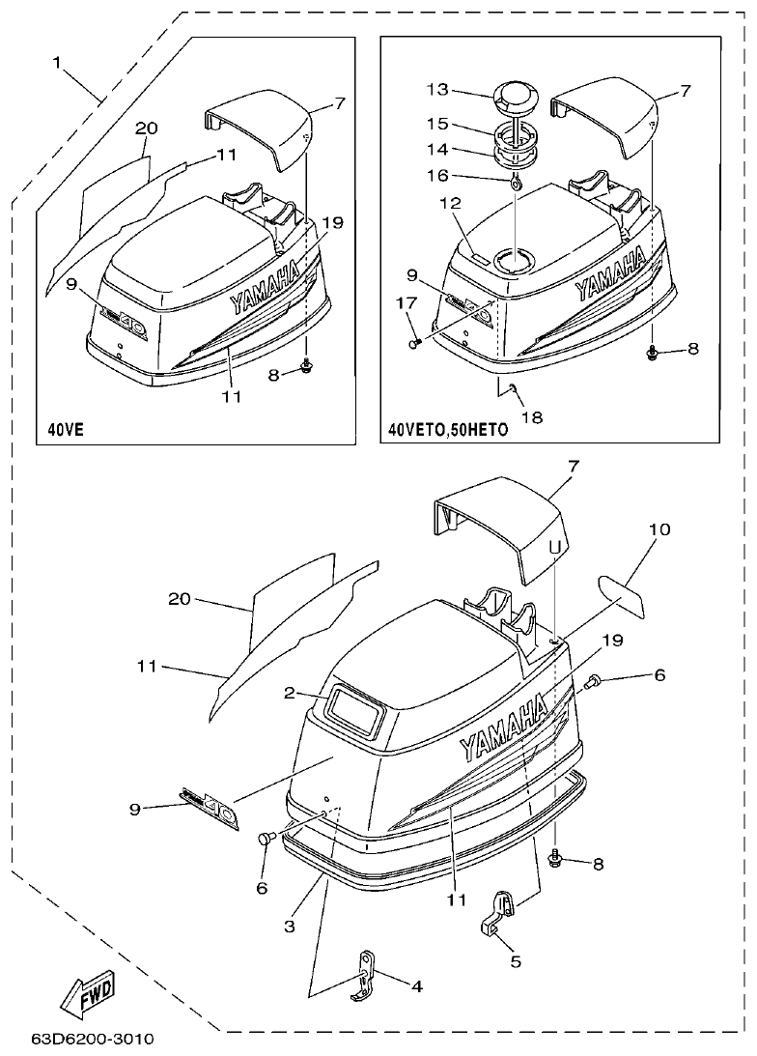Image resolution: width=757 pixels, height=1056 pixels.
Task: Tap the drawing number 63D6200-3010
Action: coord(92,1041)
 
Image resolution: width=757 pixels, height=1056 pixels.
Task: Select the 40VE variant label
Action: coord(66,429)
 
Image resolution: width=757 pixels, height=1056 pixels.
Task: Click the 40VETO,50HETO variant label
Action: coord(447,430)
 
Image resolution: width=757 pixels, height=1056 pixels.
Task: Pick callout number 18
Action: coord(531,417)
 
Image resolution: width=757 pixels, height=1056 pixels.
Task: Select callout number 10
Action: coord(659,529)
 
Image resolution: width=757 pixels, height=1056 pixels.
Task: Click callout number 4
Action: coord(417,986)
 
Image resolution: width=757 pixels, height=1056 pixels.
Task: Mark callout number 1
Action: coord(58,63)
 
